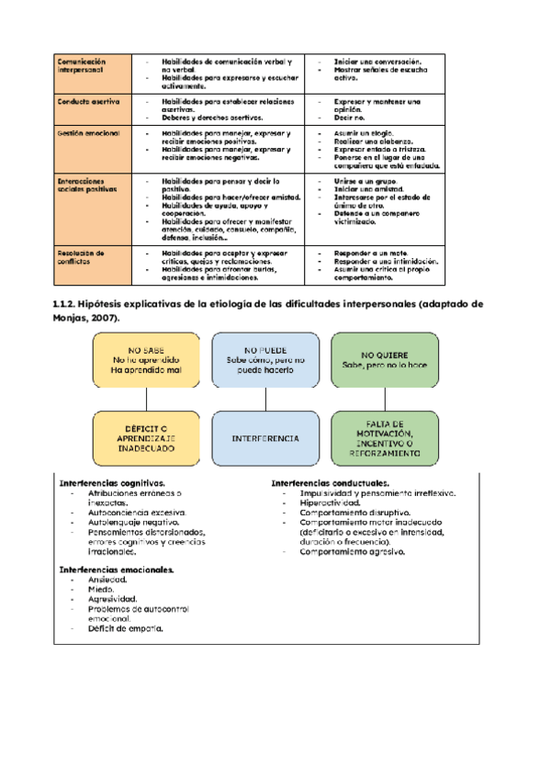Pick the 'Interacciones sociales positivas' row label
83,186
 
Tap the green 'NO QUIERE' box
386,359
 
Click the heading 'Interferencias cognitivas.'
112,483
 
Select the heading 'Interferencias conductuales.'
330,483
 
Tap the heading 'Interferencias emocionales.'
117,570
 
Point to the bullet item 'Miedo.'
102,590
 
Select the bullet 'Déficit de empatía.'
126,629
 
